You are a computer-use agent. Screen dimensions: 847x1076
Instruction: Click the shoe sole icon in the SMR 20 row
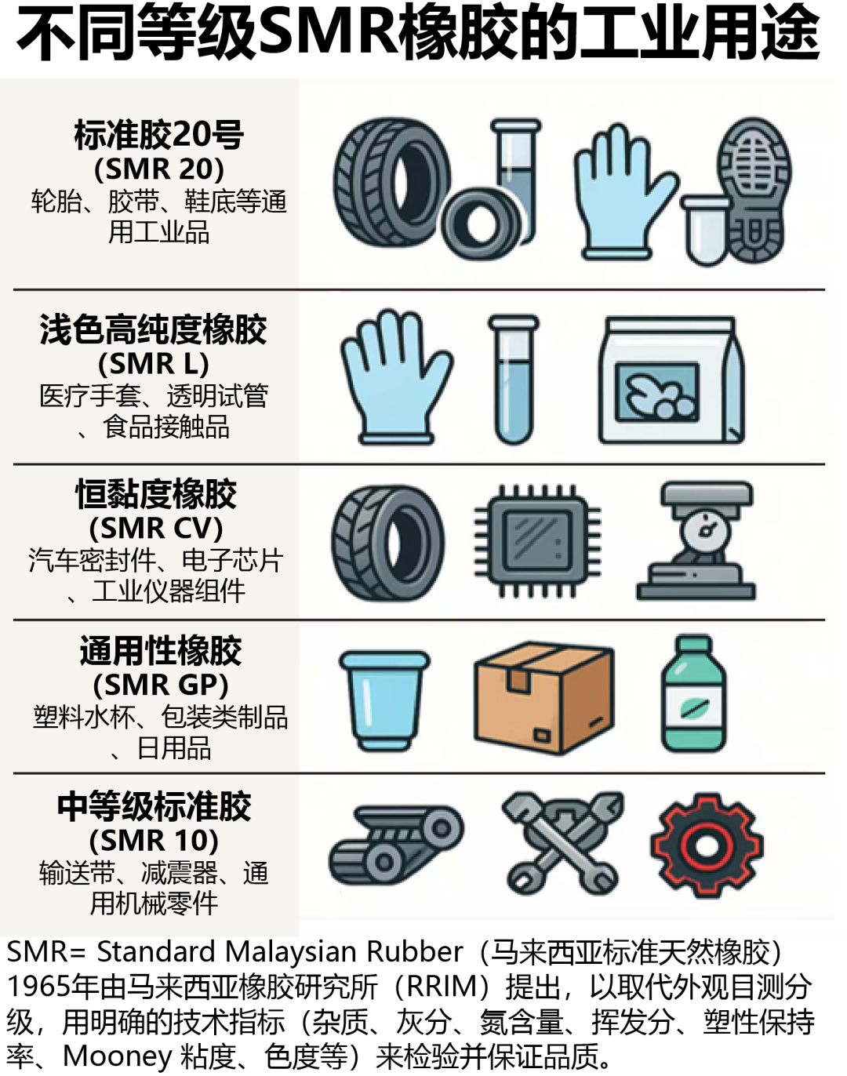pos(754,190)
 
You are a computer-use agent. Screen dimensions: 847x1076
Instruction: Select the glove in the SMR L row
pos(396,377)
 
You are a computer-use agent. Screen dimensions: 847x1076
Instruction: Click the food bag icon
pos(671,380)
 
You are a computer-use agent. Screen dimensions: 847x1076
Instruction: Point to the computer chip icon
pos(537,541)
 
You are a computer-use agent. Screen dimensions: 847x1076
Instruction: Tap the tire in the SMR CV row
pos(387,543)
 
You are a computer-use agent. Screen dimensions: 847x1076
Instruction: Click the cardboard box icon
pos(544,698)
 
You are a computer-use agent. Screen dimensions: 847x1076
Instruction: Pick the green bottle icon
pos(693,694)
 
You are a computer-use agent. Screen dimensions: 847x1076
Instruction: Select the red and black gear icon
pos(707,845)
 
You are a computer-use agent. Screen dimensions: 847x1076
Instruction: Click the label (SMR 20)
pos(159,169)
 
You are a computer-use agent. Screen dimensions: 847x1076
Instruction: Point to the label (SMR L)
pos(153,363)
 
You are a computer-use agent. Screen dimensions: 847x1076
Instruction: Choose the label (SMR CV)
pos(156,528)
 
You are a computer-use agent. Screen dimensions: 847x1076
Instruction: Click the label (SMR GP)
pos(161,685)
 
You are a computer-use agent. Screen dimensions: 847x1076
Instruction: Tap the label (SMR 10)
pos(154,841)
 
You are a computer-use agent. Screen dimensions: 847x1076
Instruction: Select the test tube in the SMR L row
pos(514,379)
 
